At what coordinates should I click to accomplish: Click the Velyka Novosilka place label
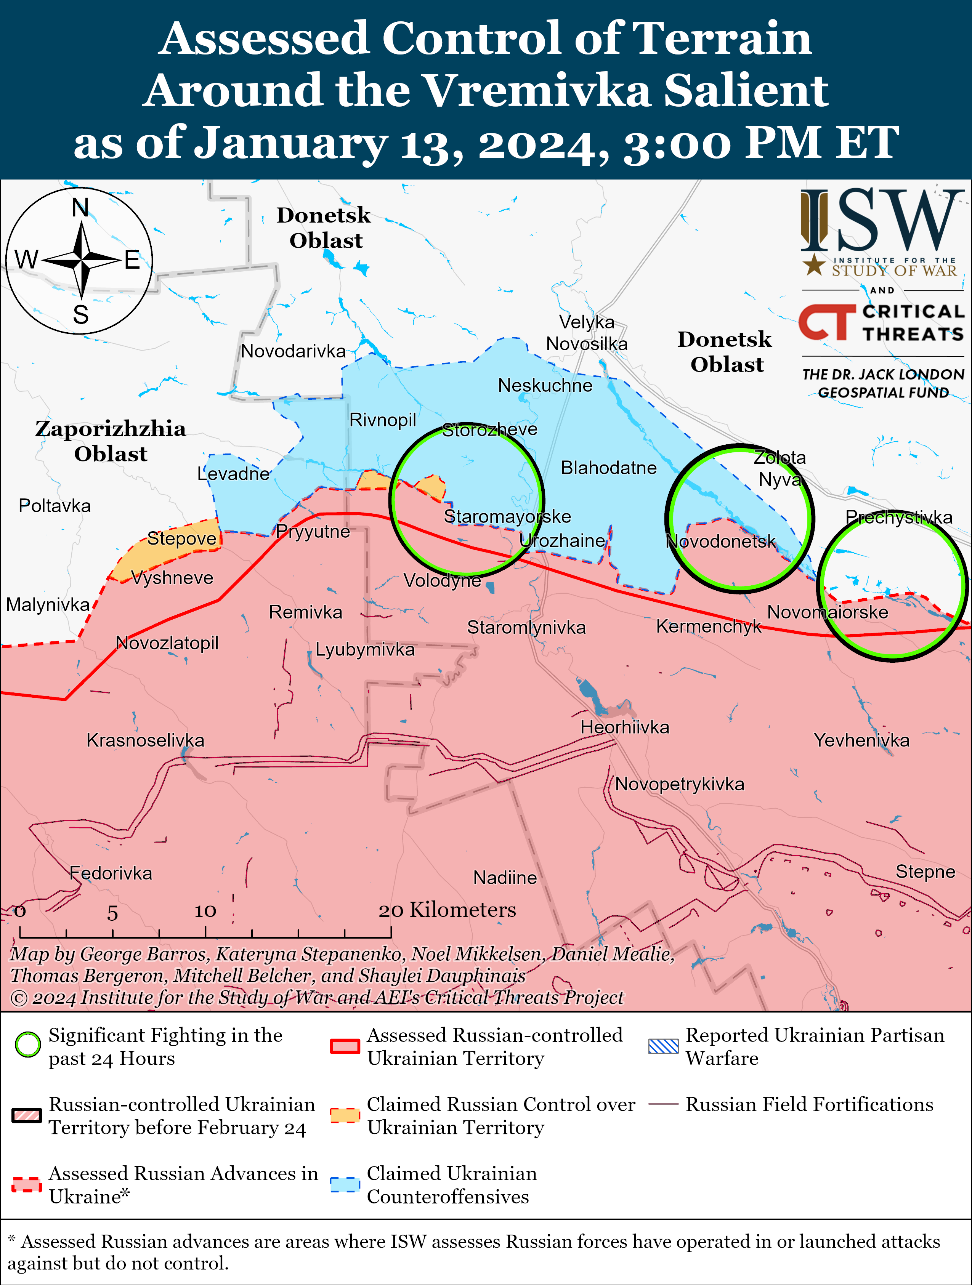pyautogui.click(x=587, y=333)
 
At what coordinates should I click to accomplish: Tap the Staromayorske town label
pyautogui.click(x=507, y=516)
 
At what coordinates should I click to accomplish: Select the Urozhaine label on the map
pyautogui.click(x=562, y=541)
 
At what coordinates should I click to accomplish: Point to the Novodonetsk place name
pyautogui.click(x=720, y=542)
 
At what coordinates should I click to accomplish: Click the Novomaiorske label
pyautogui.click(x=827, y=612)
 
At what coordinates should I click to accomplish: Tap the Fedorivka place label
pyautogui.click(x=111, y=873)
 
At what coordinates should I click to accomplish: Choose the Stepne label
pyautogui.click(x=925, y=872)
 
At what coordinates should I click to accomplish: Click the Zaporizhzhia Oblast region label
pyautogui.click(x=111, y=441)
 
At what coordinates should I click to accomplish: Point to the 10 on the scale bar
pyautogui.click(x=205, y=911)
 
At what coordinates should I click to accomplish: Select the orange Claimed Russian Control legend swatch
pyautogui.click(x=345, y=1115)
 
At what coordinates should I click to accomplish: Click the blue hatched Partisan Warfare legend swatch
pyautogui.click(x=663, y=1046)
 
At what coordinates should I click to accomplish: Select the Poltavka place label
pyautogui.click(x=55, y=506)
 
